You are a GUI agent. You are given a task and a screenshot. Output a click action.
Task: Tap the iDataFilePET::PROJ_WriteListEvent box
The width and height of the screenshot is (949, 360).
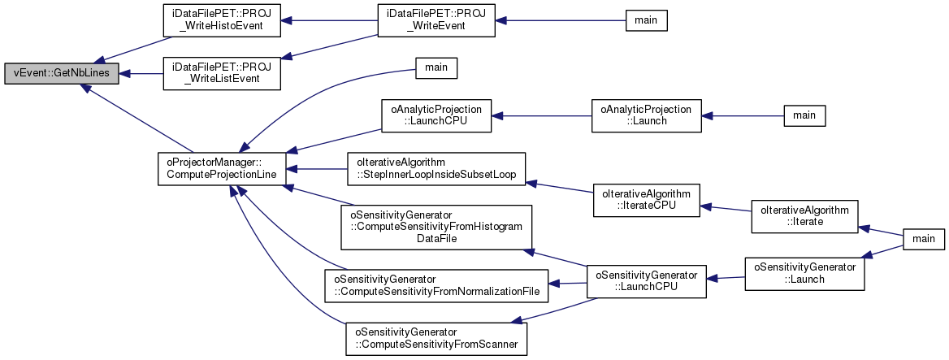[x=222, y=73]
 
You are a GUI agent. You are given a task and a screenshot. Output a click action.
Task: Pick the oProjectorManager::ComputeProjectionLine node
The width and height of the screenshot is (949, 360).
[x=221, y=168]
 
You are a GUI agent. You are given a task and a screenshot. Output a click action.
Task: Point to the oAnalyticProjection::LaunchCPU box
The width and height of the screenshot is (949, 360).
[x=436, y=117]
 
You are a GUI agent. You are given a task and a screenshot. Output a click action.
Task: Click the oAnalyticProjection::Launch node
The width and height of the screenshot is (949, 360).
[x=646, y=117]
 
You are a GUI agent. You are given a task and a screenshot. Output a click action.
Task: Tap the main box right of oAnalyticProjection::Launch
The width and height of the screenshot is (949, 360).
[x=804, y=115]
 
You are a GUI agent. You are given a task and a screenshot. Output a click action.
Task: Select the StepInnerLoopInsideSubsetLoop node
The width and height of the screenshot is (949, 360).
[x=436, y=168]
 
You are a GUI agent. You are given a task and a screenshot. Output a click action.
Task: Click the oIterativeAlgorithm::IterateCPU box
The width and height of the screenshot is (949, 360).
[x=646, y=202]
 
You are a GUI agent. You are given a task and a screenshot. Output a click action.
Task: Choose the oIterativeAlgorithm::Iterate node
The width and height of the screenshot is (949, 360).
[x=804, y=215]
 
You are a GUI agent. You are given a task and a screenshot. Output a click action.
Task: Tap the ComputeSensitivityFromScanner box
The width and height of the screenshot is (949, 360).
[x=436, y=338]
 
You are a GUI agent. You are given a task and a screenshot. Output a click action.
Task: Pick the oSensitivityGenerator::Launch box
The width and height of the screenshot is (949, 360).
[x=804, y=273]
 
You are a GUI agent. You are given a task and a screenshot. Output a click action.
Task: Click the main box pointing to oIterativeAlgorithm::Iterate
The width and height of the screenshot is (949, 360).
[x=923, y=239]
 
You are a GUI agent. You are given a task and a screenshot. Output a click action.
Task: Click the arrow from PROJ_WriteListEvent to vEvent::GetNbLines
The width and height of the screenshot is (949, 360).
[x=142, y=73]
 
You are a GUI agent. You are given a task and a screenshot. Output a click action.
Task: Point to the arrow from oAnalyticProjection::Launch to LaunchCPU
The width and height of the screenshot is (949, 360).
[x=540, y=117]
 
